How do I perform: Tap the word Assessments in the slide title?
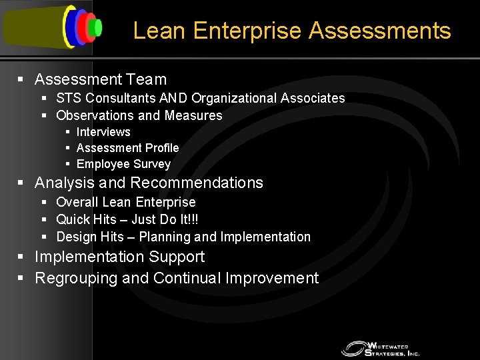[x=380, y=31]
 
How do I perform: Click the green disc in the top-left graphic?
[x=97, y=27]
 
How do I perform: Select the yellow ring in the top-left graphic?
[x=67, y=27]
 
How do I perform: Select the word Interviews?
[x=103, y=132]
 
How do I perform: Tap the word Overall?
[x=77, y=202]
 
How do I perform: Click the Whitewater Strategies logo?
[x=379, y=348]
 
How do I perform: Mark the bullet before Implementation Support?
[x=21, y=257]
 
